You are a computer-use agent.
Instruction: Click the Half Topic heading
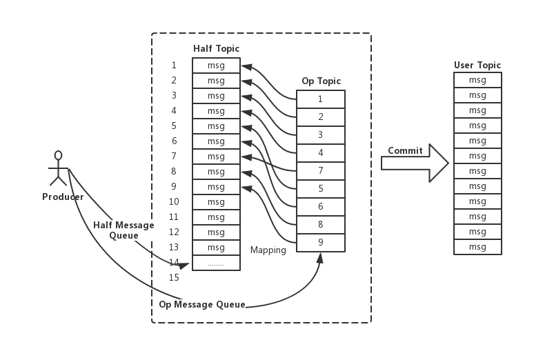(216, 49)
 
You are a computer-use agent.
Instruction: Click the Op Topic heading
(321, 81)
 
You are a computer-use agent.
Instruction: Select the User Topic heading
(477, 65)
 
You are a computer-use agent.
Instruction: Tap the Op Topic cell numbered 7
(321, 170)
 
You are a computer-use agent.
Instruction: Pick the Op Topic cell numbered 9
(321, 243)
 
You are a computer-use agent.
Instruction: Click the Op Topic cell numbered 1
(321, 99)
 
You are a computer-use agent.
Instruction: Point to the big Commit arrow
(415, 163)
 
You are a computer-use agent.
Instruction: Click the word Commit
(405, 150)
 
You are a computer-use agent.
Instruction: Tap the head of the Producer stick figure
(59, 156)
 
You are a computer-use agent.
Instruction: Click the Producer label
(63, 197)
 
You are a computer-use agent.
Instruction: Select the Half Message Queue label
(123, 230)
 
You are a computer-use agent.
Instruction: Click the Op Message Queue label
(202, 305)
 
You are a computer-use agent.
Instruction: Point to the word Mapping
(268, 250)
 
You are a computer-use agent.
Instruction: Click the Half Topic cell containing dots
(216, 263)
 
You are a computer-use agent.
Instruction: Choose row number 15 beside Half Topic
(174, 277)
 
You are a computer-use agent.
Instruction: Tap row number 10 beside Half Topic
(174, 201)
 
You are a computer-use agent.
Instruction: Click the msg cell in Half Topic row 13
(216, 248)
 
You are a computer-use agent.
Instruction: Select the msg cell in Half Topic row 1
(216, 66)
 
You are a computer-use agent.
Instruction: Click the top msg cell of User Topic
(477, 80)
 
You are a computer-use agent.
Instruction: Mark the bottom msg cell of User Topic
(477, 247)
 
